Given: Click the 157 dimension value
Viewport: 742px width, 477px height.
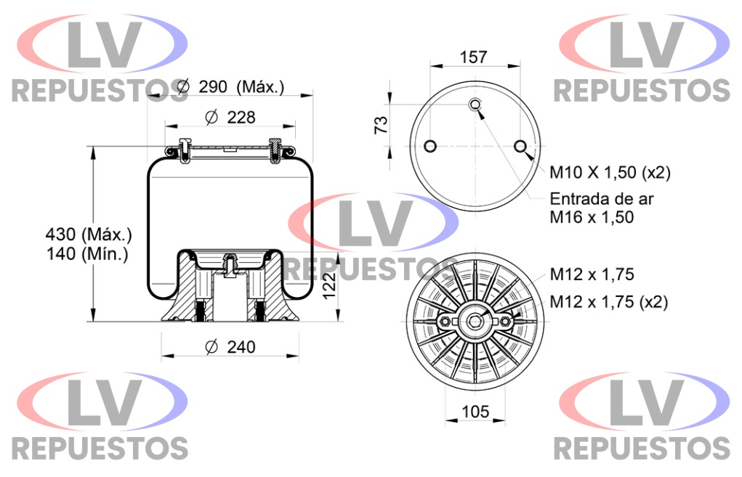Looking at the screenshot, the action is tap(473, 57).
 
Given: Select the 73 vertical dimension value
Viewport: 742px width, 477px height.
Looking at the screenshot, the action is tap(381, 125).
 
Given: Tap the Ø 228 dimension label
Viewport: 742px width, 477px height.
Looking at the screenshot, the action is tap(230, 117).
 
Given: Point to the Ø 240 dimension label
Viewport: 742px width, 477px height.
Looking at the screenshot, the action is tap(230, 347).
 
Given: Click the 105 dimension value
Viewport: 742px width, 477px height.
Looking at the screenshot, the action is tap(475, 412).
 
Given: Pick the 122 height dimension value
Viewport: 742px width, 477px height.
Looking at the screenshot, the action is tap(329, 285).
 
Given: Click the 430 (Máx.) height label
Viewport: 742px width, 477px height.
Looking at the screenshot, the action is tap(89, 234).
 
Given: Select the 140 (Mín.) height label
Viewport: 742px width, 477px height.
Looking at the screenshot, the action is tap(87, 254).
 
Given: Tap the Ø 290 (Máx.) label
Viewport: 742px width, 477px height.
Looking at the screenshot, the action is tap(230, 87).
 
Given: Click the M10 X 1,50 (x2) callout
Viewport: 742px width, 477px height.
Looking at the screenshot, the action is tap(610, 173).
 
